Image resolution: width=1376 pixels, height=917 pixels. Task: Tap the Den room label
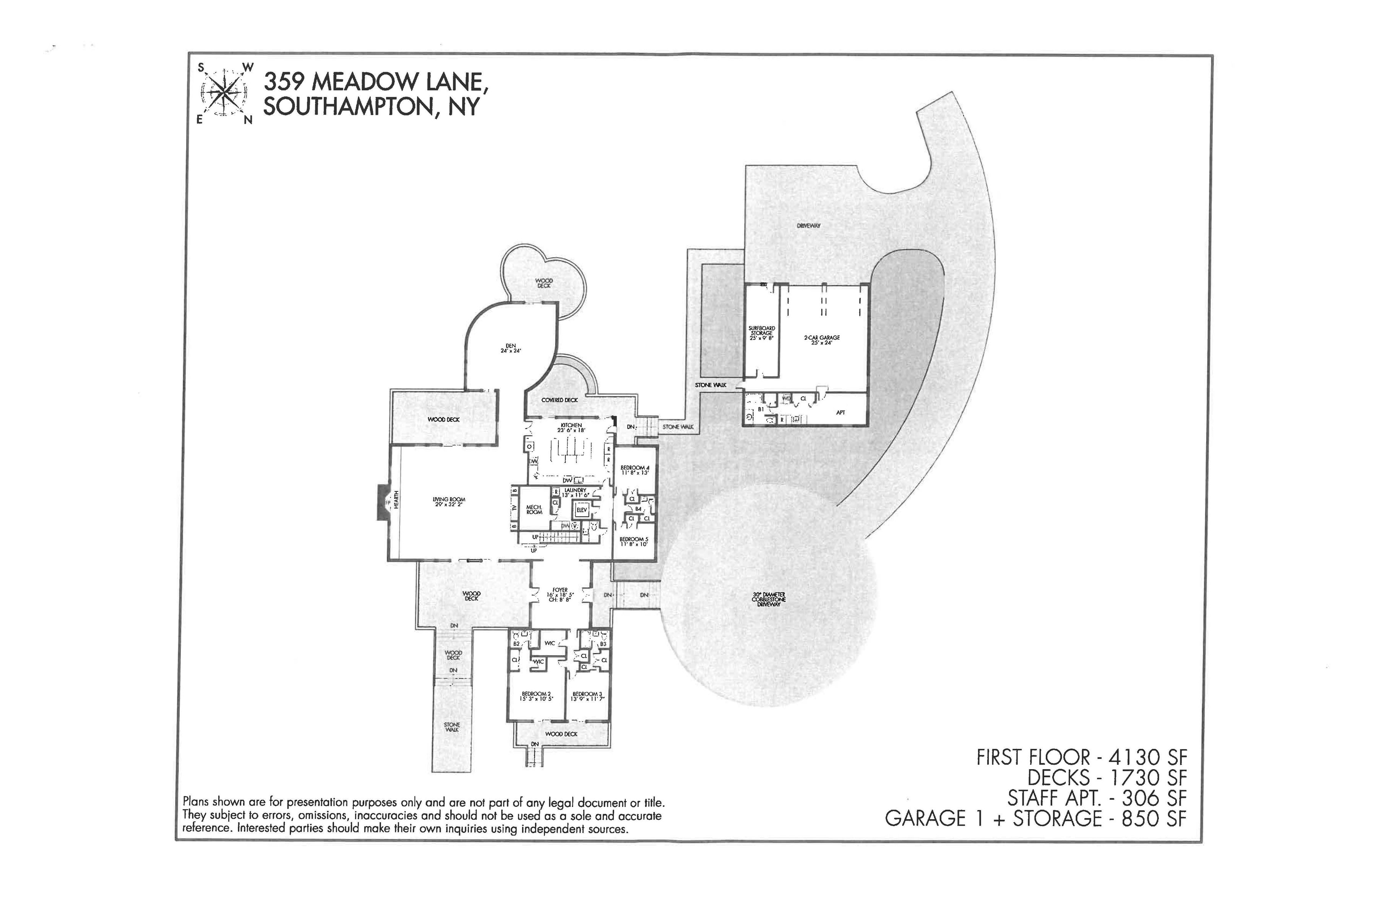[x=510, y=348]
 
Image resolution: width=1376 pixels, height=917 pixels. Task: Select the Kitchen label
[x=571, y=427]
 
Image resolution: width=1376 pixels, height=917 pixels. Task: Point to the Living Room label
[x=449, y=501]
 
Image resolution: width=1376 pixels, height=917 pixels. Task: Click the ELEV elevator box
[x=581, y=510]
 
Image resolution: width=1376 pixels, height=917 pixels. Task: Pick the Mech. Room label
[x=534, y=509]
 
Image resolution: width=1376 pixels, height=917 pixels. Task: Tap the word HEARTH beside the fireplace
[x=396, y=501]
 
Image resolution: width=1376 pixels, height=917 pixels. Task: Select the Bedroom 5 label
[x=634, y=541]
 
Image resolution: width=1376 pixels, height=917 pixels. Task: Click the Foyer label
[x=560, y=594]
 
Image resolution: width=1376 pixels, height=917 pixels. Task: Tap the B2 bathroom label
[x=516, y=644]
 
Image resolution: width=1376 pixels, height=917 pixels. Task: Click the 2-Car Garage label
[x=821, y=340]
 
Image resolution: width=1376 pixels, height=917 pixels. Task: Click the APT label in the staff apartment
[x=840, y=412]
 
